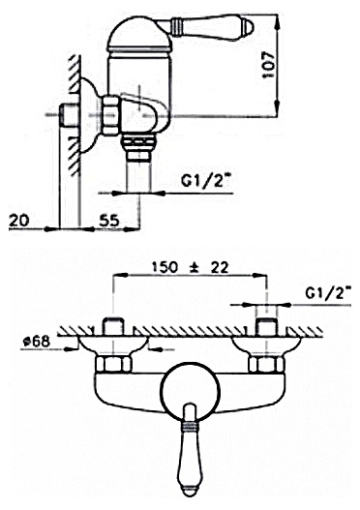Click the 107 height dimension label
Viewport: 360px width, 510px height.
[x=269, y=65]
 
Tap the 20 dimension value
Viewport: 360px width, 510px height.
[x=18, y=221]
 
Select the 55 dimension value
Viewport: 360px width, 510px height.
[x=109, y=221]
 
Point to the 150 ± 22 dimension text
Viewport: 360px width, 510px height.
[x=191, y=267]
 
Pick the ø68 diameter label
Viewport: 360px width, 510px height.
[x=37, y=342]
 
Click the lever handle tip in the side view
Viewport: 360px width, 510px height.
[x=251, y=27]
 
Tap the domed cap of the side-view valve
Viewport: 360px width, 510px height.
[x=139, y=32]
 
